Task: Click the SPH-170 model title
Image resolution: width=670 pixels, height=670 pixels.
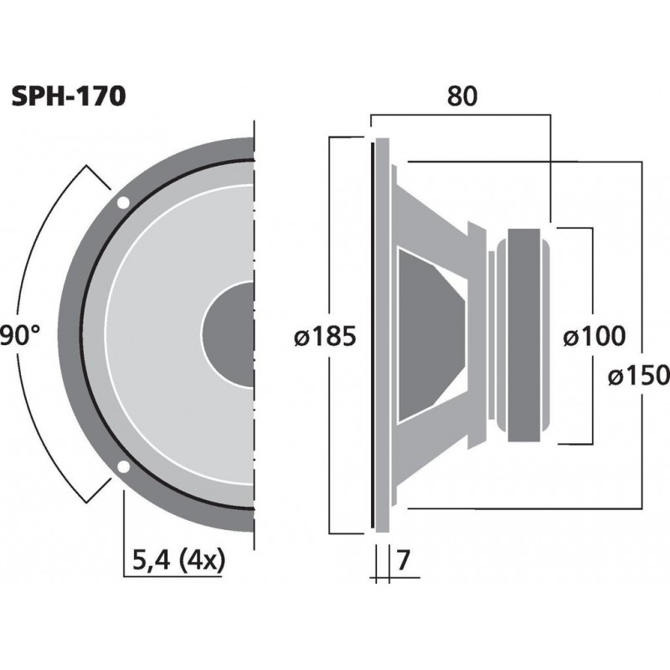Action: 69,97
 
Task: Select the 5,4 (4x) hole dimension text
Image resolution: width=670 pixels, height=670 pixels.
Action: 179,560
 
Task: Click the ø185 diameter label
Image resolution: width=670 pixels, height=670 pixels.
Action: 326,337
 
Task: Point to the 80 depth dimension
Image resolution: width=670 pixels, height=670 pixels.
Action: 461,97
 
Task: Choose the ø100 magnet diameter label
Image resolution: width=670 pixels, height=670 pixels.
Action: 594,337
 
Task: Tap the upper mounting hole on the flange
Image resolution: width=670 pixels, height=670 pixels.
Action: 123,202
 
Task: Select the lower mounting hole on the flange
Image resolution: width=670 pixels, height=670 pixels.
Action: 123,467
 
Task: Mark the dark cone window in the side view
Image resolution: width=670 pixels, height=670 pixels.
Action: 427,335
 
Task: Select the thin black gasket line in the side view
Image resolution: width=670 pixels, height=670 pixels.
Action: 371,335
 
